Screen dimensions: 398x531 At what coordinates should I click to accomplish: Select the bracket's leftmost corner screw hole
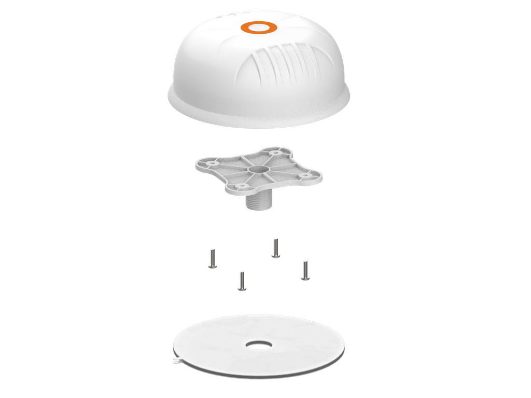[x=212, y=162]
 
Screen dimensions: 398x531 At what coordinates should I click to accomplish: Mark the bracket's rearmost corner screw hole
[x=275, y=153]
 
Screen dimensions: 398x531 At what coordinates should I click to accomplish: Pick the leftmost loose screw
[x=212, y=258]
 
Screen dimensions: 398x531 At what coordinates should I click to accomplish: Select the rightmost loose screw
[x=305, y=270]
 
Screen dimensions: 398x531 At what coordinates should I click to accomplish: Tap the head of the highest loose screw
[x=276, y=255]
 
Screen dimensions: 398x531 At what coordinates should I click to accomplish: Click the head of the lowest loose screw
[x=242, y=288]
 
